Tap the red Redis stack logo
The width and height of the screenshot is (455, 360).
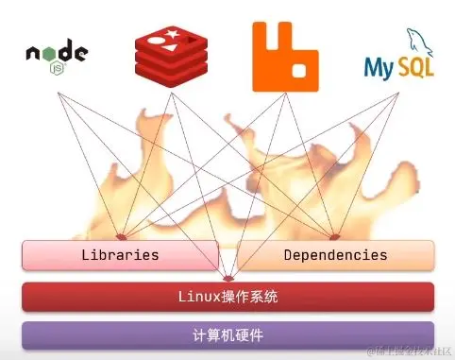click(170, 51)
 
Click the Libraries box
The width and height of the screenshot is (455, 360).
click(120, 255)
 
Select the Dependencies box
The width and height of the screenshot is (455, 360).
click(335, 255)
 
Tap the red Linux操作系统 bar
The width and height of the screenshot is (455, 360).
click(227, 297)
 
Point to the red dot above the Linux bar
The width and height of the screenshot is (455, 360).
click(228, 278)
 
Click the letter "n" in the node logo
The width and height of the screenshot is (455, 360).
click(32, 53)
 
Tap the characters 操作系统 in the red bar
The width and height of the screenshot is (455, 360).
click(248, 297)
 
